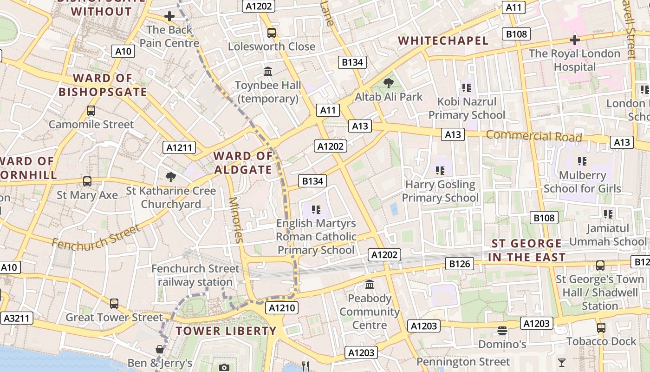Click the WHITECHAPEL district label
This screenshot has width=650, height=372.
[x=443, y=41]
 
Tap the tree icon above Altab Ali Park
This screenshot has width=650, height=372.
[x=388, y=83]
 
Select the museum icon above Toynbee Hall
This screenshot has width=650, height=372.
[x=268, y=72]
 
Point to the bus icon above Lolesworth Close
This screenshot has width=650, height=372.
[x=272, y=33]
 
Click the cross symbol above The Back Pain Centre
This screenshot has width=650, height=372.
[x=169, y=17]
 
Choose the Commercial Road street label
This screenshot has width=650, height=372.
[x=534, y=136]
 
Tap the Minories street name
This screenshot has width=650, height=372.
[x=236, y=220]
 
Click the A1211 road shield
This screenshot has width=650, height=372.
[x=179, y=148]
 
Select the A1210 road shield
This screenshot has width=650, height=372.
[x=282, y=308]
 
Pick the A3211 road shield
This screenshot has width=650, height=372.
[x=17, y=318]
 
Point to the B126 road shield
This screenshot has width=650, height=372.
[x=460, y=264]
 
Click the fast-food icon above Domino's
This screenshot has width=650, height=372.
[x=502, y=331]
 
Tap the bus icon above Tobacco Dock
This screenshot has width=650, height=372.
[x=601, y=328]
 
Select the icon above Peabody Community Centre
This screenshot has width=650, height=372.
[x=370, y=284]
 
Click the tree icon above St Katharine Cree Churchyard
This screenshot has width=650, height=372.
[x=171, y=177]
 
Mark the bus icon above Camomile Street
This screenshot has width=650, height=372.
[x=91, y=111]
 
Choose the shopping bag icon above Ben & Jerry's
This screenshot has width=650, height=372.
[x=160, y=349]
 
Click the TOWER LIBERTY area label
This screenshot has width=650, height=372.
[x=226, y=331]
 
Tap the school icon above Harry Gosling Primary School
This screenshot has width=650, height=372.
[x=440, y=171]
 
